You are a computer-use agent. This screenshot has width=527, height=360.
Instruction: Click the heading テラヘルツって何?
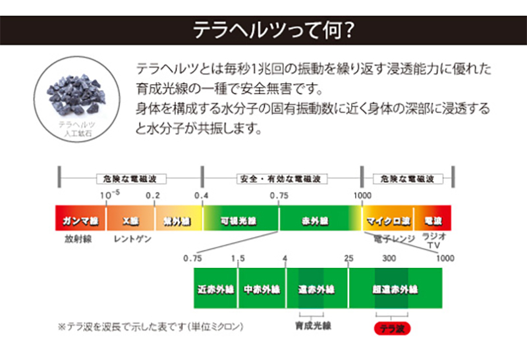(x=263, y=30)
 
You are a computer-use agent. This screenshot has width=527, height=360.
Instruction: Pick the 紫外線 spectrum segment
(x=177, y=220)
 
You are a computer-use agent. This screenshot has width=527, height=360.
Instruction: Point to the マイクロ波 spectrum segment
(x=389, y=220)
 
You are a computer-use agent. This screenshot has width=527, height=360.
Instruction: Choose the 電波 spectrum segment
(x=433, y=220)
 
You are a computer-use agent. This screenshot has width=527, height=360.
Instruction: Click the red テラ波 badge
(x=393, y=328)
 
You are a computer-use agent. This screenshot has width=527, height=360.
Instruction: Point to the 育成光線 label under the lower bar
(x=310, y=324)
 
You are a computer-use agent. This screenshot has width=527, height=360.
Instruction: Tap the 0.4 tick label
(x=201, y=195)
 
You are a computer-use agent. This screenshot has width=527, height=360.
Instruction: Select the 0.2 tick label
(x=153, y=195)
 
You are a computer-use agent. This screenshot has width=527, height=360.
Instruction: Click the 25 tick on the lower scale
(x=348, y=258)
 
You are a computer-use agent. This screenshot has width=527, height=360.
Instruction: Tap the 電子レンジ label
(x=393, y=236)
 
